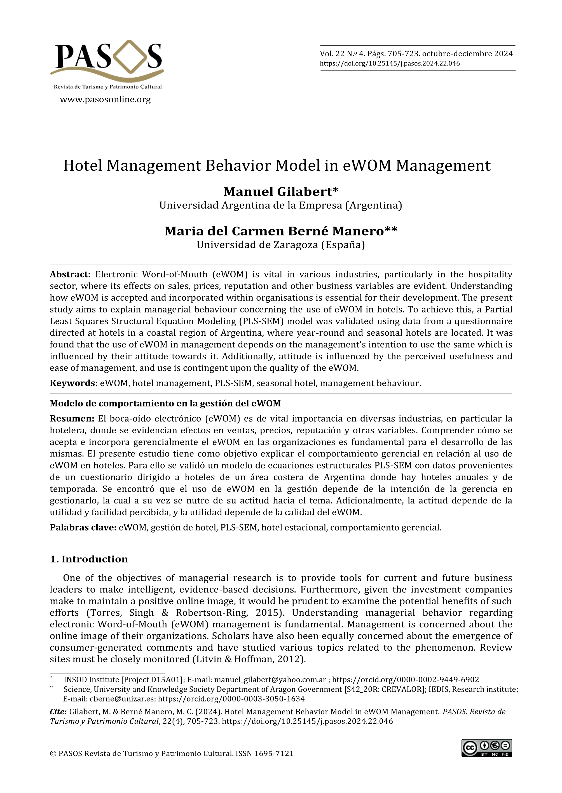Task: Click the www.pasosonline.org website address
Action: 105,100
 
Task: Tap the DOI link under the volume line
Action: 390,63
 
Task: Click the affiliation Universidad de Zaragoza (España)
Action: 281,245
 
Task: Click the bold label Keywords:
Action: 73,383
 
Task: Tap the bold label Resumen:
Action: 72,419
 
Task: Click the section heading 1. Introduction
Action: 89,559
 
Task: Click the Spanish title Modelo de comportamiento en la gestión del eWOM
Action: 165,404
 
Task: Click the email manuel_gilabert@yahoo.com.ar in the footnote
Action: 270,679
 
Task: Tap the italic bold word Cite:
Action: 58,712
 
